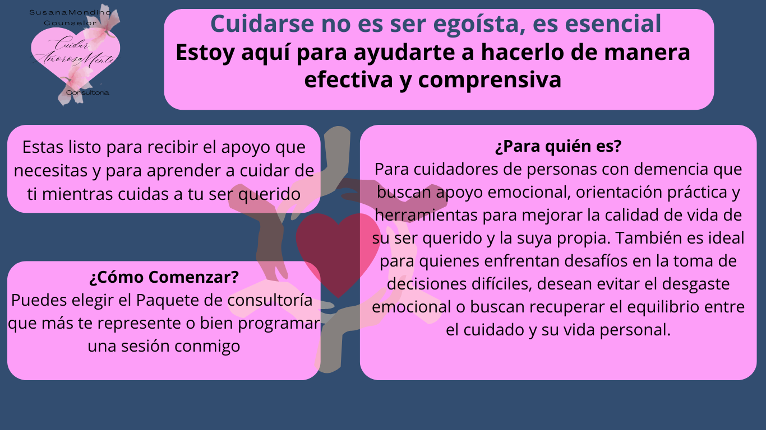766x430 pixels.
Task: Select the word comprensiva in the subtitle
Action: (x=490, y=80)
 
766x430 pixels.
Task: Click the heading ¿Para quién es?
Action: (x=558, y=147)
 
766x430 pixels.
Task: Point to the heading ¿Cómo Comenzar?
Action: (x=164, y=277)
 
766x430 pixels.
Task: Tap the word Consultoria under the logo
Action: (x=88, y=92)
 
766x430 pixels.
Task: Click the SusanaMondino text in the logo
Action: (x=70, y=13)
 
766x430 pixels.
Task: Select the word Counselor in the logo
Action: (x=70, y=23)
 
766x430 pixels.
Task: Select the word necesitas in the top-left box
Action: (x=50, y=170)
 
